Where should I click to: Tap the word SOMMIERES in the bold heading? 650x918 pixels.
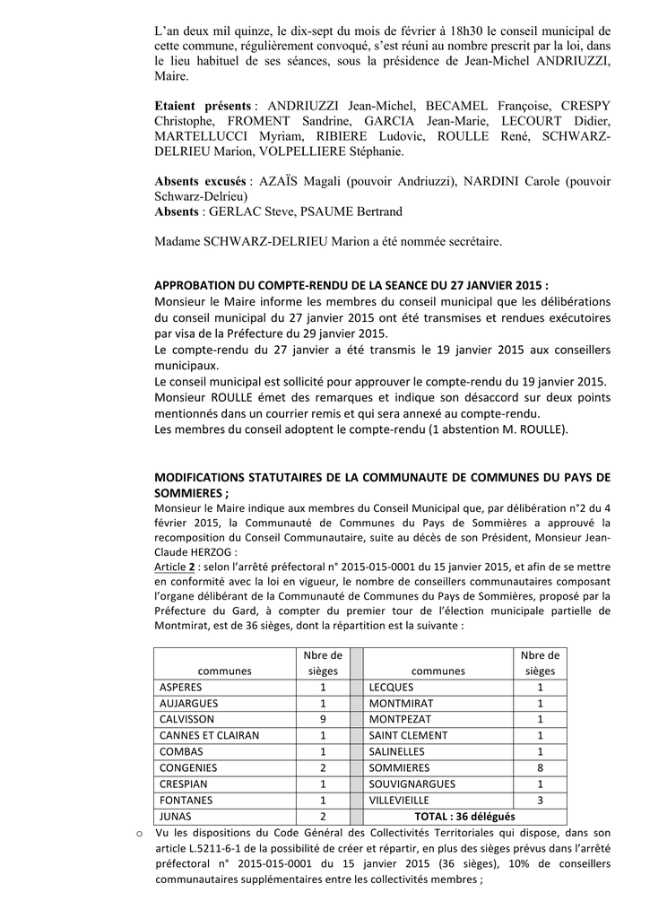click(x=190, y=493)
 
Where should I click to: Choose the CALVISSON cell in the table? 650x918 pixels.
click(x=187, y=719)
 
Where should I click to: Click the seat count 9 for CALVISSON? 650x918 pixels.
click(x=322, y=719)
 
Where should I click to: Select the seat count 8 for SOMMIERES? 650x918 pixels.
click(x=540, y=767)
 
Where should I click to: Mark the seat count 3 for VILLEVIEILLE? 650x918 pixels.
click(x=540, y=800)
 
